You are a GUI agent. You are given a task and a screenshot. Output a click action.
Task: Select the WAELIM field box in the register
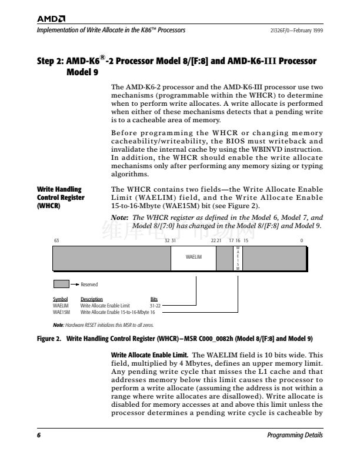[194, 257]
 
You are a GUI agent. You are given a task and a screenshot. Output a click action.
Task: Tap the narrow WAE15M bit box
[238, 257]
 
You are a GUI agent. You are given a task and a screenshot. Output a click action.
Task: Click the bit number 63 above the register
[56, 240]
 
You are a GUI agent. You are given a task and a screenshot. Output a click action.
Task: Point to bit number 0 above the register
[301, 240]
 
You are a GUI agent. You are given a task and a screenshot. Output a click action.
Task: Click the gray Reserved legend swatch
[61, 284]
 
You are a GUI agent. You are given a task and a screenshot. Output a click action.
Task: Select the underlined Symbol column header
[61, 300]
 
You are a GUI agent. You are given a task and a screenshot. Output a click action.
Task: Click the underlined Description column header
[91, 300]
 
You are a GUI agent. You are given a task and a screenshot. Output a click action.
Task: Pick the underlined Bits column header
[154, 300]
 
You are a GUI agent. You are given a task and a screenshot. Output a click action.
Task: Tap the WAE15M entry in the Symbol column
[62, 312]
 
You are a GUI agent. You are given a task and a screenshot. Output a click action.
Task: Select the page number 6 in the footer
[39, 436]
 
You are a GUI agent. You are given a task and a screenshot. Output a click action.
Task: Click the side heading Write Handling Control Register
[60, 198]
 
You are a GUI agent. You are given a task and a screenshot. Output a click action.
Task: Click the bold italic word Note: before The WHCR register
[121, 218]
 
